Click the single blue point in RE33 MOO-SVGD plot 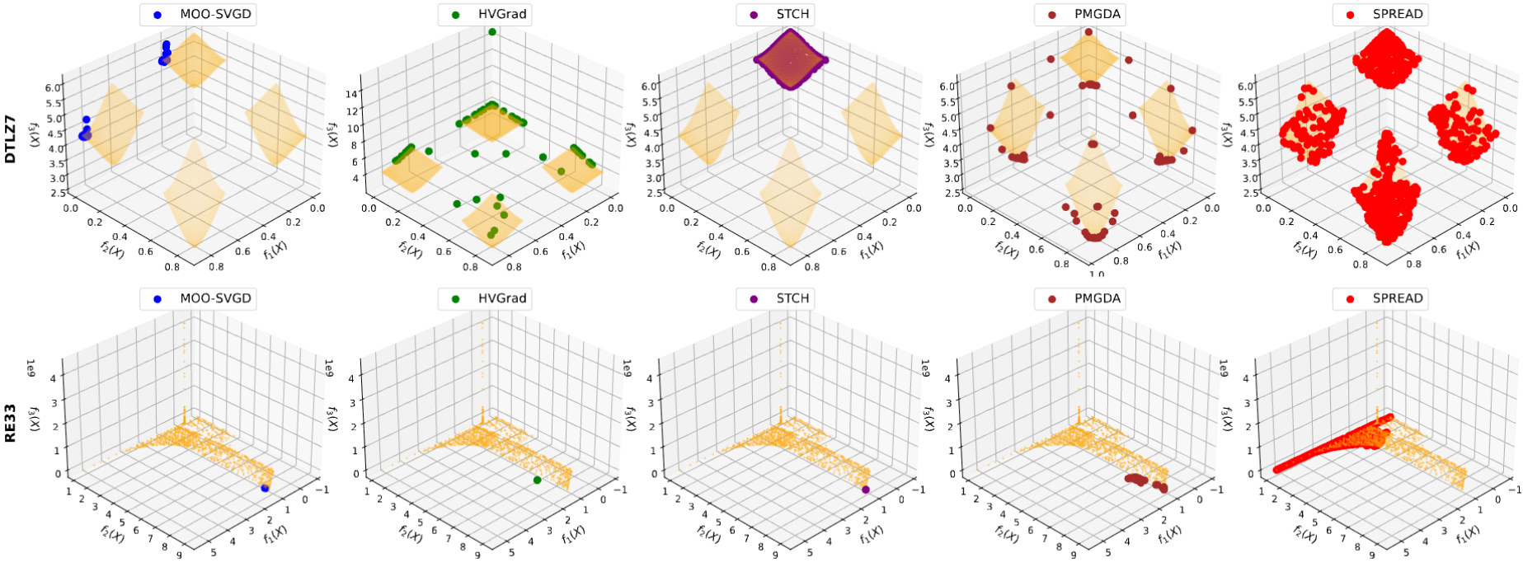(265, 489)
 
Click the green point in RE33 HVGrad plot (538, 480)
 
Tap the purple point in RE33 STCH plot (866, 490)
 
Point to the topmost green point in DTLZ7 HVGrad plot (492, 31)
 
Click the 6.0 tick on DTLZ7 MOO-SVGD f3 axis (54, 87)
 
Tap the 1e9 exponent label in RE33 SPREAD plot (1224, 368)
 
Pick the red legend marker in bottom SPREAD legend (1350, 298)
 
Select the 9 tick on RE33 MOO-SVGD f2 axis (179, 554)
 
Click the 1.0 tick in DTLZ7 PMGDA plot (1096, 273)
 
